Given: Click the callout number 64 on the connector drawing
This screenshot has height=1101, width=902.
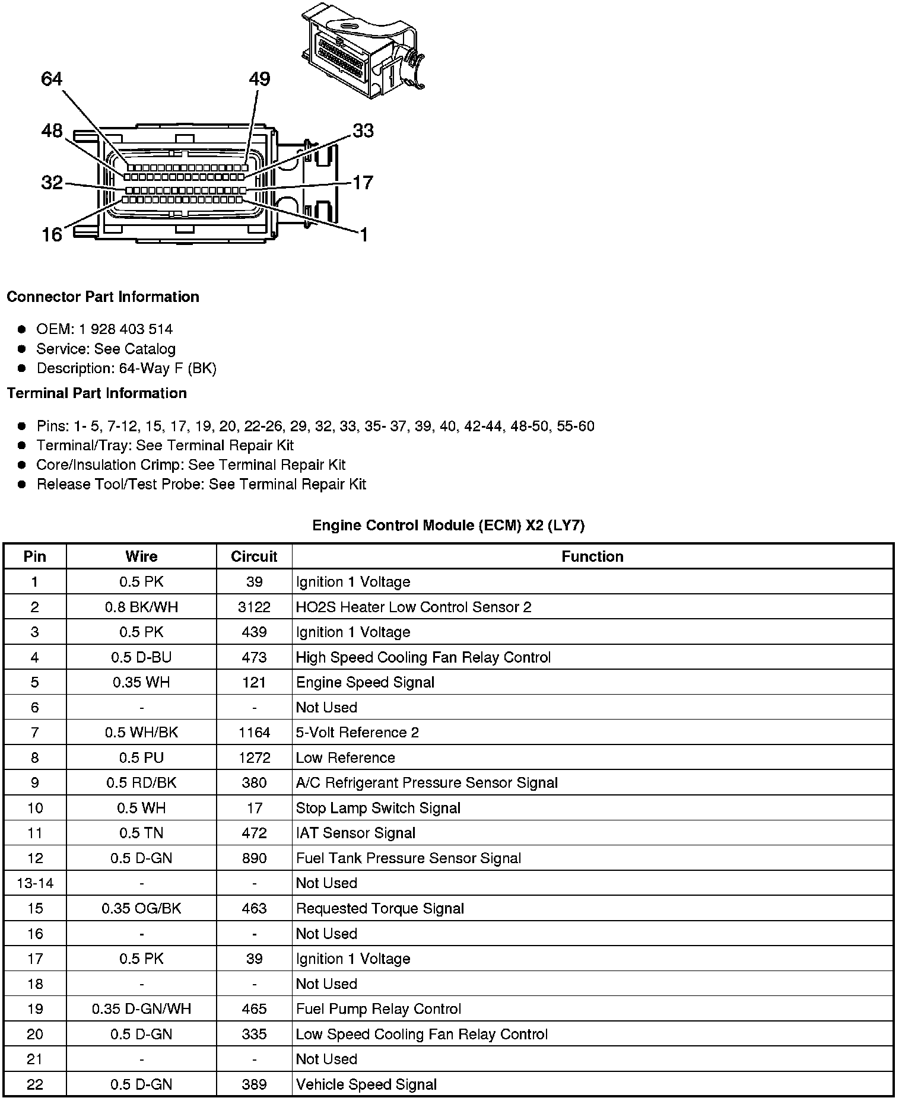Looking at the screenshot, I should [52, 79].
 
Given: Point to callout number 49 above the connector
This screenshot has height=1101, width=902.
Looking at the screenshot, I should [259, 79].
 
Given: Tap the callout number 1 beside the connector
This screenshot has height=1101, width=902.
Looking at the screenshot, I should [364, 235].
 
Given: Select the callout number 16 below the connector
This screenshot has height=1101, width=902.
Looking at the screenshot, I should [52, 235].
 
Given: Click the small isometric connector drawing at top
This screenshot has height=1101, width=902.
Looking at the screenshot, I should [362, 50].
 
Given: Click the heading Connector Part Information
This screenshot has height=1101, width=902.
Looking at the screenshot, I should [103, 297].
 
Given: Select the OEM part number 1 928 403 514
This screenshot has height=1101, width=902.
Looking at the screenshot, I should [126, 329].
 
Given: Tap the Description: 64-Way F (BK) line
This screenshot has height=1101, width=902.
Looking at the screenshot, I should [126, 368].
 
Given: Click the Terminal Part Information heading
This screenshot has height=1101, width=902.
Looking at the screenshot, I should [97, 393].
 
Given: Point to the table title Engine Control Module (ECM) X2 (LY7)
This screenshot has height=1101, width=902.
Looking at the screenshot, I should [449, 525].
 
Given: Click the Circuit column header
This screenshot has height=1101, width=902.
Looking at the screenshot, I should [254, 556].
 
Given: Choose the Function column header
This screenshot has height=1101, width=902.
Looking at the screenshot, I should [592, 556].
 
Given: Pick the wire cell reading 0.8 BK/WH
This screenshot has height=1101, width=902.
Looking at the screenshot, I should [141, 607].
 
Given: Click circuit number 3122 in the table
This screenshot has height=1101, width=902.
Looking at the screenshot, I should [254, 607].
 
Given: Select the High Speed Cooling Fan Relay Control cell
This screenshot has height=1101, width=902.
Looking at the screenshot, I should [423, 657].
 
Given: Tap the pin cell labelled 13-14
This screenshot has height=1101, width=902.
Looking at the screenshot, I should [35, 883].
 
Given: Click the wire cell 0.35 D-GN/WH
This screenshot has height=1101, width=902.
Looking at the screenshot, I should [141, 1009].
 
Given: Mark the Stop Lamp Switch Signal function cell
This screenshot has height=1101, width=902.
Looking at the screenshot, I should [378, 808].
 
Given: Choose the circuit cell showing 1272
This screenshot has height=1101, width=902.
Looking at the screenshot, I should [254, 758].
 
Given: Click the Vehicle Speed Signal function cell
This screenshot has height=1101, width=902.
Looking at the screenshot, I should [366, 1084].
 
